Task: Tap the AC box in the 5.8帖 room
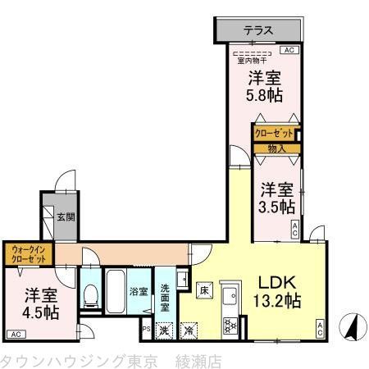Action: (x=288, y=50)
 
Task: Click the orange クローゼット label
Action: (x=273, y=133)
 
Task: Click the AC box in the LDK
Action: (x=321, y=329)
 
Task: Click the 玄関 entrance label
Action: (x=66, y=217)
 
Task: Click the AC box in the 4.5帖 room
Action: (x=16, y=334)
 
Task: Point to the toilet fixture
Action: (x=90, y=297)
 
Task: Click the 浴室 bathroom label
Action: (x=138, y=291)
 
